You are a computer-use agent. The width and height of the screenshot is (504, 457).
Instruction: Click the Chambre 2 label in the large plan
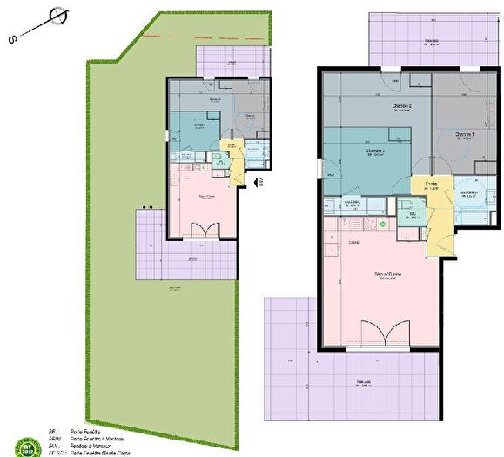(402, 107)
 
